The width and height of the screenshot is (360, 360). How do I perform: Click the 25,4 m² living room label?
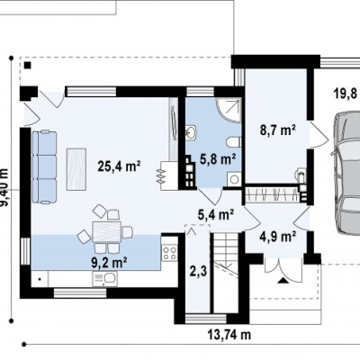120,166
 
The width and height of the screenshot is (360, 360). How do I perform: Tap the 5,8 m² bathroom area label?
217,159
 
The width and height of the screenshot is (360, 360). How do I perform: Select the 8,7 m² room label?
278,130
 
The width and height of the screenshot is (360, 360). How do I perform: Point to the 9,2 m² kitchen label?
109,263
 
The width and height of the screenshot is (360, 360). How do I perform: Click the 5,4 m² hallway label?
216,214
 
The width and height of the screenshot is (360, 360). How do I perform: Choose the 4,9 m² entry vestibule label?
278,237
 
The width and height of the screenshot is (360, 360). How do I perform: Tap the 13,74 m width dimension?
229,334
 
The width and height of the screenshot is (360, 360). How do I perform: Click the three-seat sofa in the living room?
44,166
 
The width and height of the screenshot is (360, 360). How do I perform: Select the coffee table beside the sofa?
76,169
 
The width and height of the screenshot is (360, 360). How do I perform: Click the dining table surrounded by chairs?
107,231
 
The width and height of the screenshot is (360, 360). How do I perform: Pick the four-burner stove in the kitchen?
169,253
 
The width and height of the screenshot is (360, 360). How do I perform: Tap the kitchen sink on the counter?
104,278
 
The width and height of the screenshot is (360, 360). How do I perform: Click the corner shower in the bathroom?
229,109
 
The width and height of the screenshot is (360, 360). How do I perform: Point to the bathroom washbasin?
191,132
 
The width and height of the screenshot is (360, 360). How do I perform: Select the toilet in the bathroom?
234,142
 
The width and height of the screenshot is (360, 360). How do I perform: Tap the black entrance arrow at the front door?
282,281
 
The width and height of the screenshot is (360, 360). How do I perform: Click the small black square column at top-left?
28,65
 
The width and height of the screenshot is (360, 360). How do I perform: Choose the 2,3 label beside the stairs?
198,272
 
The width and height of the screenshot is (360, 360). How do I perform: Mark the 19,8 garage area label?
346,94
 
